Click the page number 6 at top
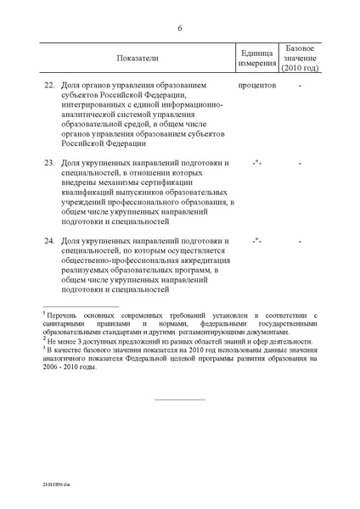(x=180, y=27)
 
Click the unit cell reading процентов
(x=258, y=85)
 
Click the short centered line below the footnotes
(x=180, y=399)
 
